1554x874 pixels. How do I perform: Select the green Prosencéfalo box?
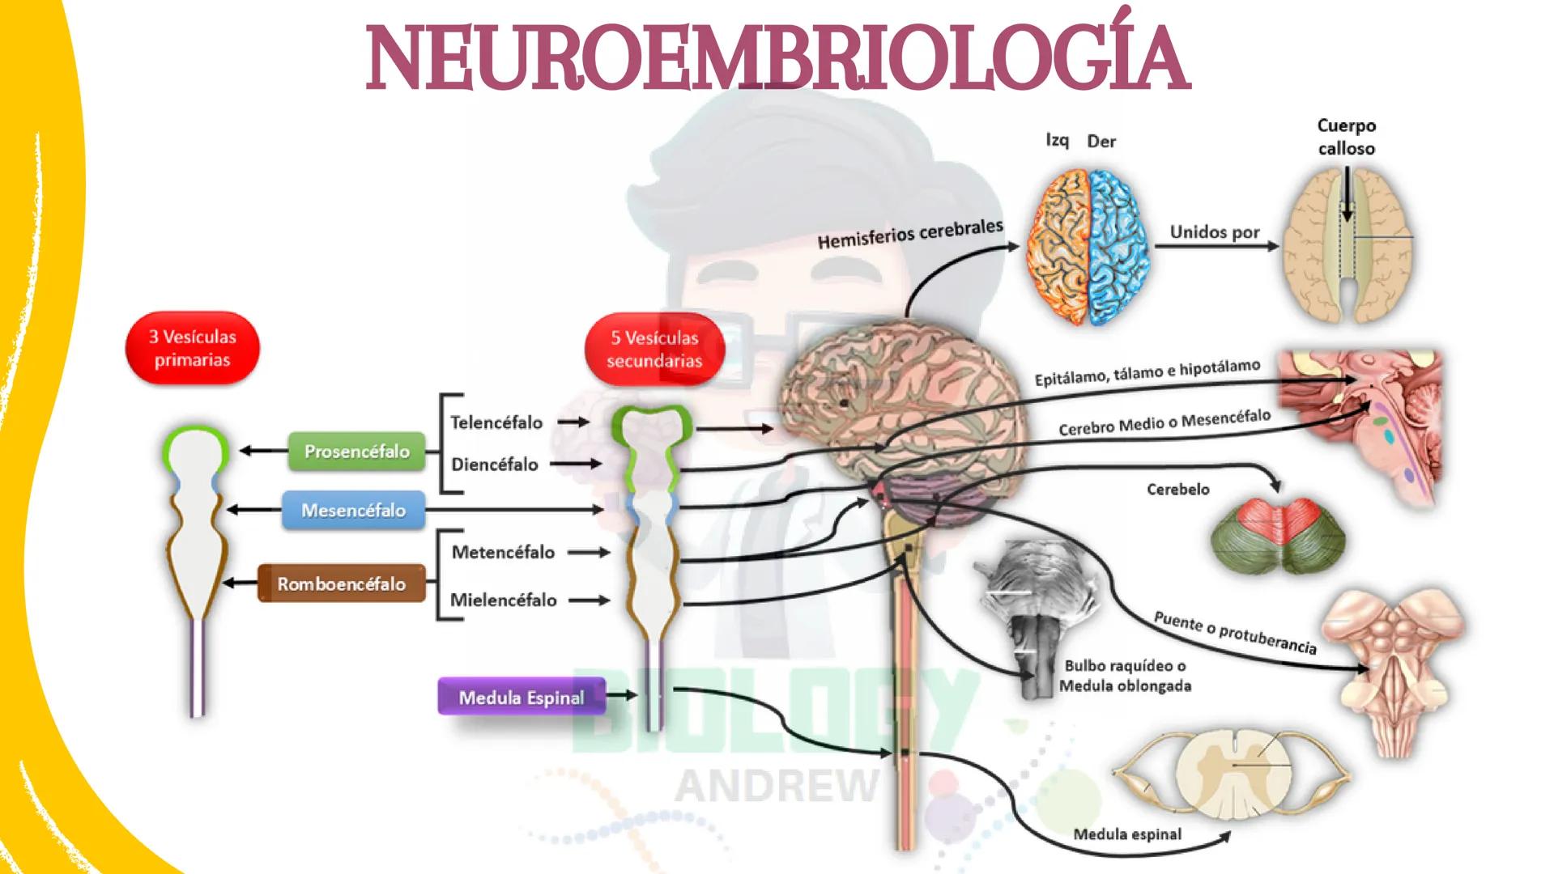pyautogui.click(x=356, y=452)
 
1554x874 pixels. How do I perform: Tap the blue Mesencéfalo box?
pyautogui.click(x=353, y=511)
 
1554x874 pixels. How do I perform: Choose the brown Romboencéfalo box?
pyautogui.click(x=341, y=583)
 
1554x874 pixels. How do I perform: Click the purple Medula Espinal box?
pyautogui.click(x=521, y=697)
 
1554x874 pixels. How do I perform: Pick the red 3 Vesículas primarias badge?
pyautogui.click(x=192, y=348)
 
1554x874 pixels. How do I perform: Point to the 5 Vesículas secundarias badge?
pyautogui.click(x=654, y=349)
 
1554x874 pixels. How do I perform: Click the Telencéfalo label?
pyautogui.click(x=496, y=422)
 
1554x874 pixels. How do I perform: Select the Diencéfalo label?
pyautogui.click(x=494, y=465)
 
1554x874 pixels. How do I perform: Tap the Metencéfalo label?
pyautogui.click(x=503, y=553)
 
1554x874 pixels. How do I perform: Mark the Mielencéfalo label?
pyautogui.click(x=503, y=600)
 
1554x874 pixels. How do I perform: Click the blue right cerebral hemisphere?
pyautogui.click(x=1118, y=247)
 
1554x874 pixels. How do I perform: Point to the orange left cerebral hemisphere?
pyautogui.click(x=1057, y=247)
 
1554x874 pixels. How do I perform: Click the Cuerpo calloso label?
pyautogui.click(x=1346, y=137)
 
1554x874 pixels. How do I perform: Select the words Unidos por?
pyautogui.click(x=1214, y=232)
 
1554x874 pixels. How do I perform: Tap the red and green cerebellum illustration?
pyautogui.click(x=1279, y=534)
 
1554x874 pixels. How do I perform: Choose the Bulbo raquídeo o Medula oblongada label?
pyautogui.click(x=1126, y=676)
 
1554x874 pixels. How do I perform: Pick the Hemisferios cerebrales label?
pyautogui.click(x=909, y=235)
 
